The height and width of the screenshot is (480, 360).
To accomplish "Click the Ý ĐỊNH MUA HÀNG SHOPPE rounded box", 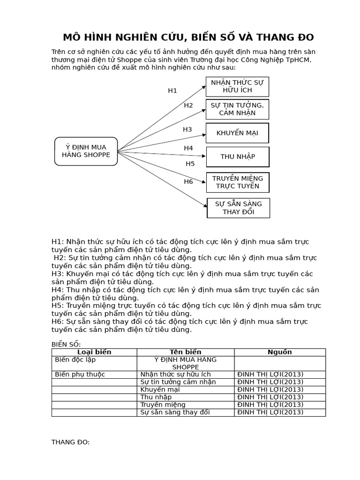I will point(86,151).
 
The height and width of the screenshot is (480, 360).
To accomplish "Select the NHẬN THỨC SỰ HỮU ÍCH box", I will point(237,86).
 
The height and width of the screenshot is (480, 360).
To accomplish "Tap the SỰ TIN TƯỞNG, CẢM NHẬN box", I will point(237,109).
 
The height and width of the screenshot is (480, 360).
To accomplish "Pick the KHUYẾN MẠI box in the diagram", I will point(237,133).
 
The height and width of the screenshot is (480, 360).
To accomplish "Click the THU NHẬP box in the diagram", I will point(238,157).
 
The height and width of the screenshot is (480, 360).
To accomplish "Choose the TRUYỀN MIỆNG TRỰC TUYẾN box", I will point(238,182).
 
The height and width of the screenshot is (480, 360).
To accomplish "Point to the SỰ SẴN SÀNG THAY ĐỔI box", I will point(239,208).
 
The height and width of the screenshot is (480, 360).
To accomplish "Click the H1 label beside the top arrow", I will point(172,91).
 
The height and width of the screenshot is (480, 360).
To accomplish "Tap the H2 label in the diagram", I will point(188,105).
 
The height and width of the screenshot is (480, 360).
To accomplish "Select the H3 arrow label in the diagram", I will point(187,129).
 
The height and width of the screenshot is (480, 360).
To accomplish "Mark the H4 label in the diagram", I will point(188,148).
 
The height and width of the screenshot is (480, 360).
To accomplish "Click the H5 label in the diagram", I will point(190,164).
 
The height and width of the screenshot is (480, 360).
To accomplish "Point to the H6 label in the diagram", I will point(188,181).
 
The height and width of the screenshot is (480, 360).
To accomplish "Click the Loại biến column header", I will point(94,352).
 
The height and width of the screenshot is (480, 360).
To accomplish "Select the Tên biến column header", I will point(185,352).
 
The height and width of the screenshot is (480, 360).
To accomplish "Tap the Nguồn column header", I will point(279,352).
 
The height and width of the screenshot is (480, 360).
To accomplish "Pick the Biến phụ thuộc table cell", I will point(80,374).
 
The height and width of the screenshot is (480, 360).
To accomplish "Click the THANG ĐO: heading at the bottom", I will point(70,442).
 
